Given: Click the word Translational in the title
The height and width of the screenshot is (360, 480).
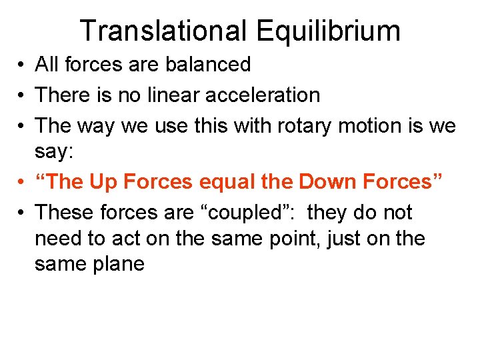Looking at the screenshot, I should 162,31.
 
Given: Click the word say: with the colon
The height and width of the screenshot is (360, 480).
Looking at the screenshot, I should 56,151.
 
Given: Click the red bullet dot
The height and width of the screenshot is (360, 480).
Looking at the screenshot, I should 22,182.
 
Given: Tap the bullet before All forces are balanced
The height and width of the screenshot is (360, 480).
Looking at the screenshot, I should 22,65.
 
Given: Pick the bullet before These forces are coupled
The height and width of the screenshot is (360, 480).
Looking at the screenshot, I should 22,213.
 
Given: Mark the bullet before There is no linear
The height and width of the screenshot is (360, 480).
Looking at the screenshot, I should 22,95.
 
